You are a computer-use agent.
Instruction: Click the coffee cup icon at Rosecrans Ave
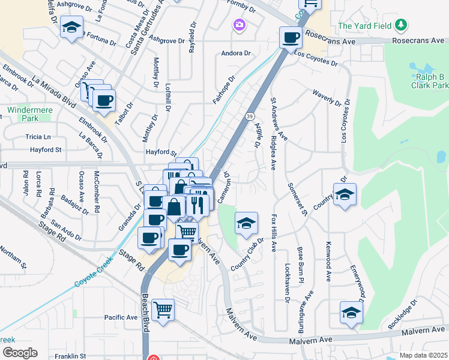291,38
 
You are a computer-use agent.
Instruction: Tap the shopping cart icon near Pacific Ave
163,310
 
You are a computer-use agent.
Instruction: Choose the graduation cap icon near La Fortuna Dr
71,28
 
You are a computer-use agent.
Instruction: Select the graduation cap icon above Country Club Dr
246,224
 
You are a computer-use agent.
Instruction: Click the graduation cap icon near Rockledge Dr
351,312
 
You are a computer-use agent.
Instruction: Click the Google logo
19,352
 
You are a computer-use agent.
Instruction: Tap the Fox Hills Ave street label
274,232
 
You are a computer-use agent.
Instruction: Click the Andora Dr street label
236,52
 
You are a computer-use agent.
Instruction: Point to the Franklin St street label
70,356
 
